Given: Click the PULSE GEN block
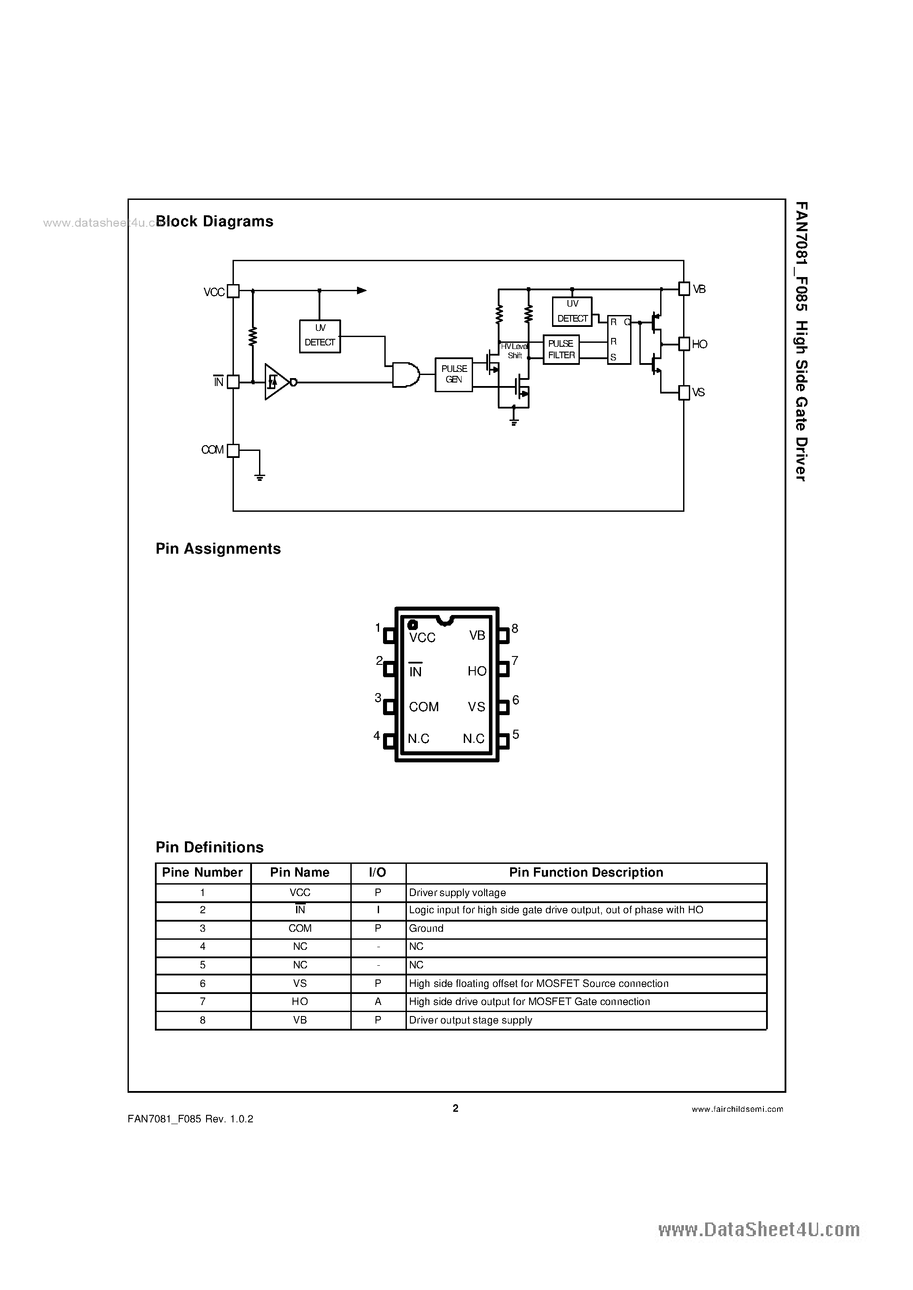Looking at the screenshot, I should (x=453, y=375).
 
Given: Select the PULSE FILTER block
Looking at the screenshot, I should (x=560, y=349).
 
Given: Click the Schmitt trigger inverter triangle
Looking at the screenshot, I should (x=275, y=382).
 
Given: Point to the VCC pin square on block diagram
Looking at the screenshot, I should (x=233, y=291).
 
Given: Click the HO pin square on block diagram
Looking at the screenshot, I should (x=684, y=344).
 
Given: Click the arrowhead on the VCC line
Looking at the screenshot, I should (x=361, y=291).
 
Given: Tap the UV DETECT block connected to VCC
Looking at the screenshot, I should (x=319, y=336).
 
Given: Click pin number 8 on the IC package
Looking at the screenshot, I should (x=515, y=628).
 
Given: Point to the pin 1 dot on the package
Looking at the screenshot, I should (x=412, y=624).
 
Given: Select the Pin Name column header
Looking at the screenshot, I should (x=300, y=872).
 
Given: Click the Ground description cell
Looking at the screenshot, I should (x=586, y=928).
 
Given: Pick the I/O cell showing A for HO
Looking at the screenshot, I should (x=378, y=1001).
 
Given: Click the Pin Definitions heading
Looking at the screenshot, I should (x=209, y=847).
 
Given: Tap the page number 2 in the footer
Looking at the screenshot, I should (x=455, y=1108).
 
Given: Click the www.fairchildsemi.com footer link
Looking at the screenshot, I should (x=737, y=1109).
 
